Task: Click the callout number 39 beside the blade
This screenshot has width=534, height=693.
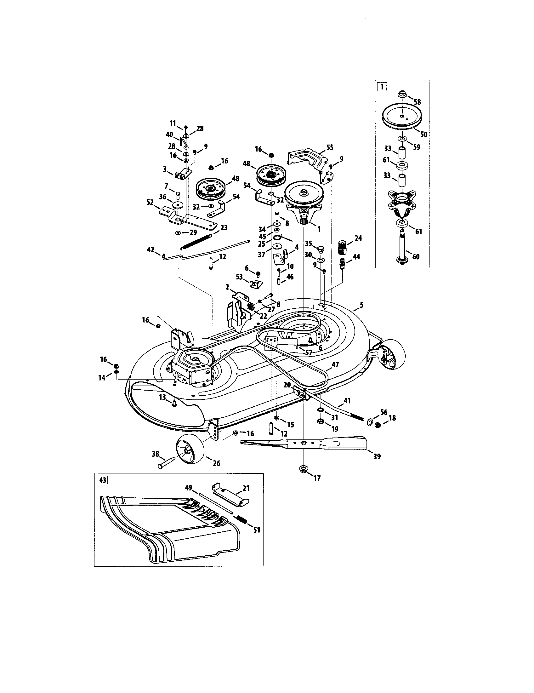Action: (377, 457)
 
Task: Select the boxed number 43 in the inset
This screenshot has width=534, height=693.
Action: (102, 480)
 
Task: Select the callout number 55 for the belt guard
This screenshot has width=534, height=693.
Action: (330, 147)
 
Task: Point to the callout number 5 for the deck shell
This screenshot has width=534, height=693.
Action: (361, 305)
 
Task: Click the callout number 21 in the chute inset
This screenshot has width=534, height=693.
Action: (246, 488)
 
